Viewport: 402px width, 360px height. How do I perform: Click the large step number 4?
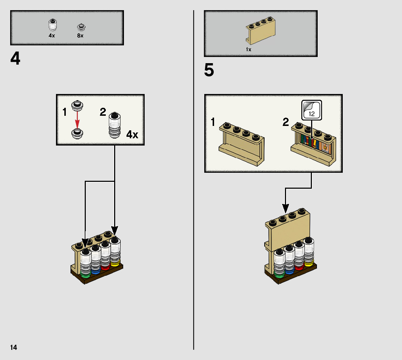(x=15, y=59)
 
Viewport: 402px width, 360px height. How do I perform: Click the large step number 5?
(x=209, y=70)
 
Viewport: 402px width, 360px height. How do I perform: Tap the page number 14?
(x=13, y=348)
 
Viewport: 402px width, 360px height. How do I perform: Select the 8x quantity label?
(x=80, y=36)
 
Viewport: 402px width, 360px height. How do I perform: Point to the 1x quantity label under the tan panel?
(x=249, y=49)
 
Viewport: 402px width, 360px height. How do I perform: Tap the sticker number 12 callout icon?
(x=311, y=110)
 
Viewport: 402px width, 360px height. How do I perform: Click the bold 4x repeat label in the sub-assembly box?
(x=132, y=135)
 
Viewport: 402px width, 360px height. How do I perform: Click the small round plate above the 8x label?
(x=80, y=27)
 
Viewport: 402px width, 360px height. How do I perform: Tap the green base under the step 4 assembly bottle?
(x=85, y=276)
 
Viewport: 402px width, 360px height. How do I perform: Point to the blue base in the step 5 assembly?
(x=289, y=271)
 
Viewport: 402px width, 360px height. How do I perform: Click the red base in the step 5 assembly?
(x=300, y=268)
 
